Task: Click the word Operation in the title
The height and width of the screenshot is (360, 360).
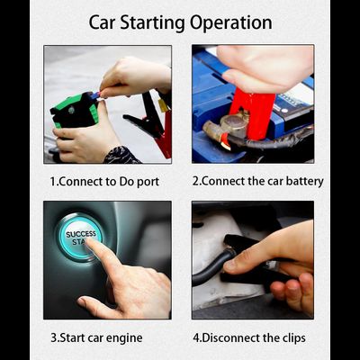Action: coord(231,23)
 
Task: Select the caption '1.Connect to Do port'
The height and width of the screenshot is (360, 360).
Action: coord(104,182)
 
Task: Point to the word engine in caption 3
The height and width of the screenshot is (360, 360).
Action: coord(123,338)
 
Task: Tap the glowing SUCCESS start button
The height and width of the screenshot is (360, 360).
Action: coord(80,237)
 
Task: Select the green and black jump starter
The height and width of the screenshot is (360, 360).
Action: coord(75,111)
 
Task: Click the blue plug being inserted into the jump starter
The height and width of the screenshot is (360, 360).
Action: coord(95,95)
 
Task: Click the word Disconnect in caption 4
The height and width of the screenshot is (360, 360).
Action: coord(226,337)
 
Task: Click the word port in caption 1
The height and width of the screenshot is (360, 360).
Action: coord(148,183)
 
